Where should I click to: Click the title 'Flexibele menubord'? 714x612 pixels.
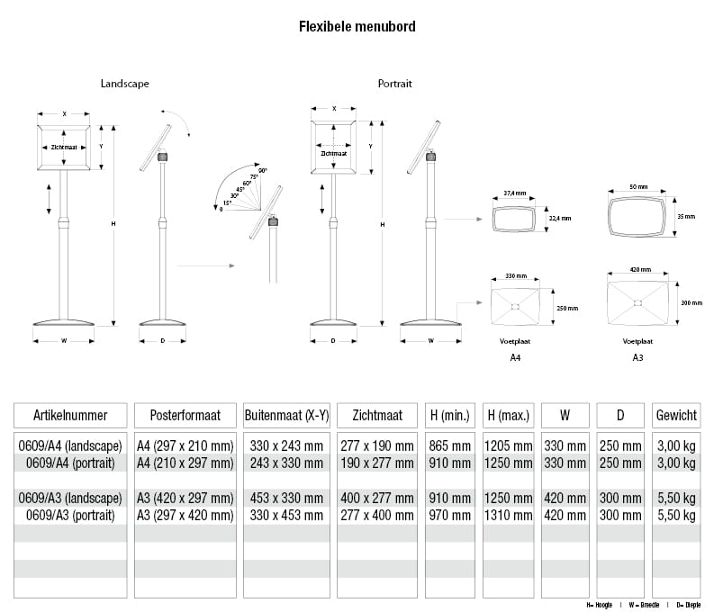coord(357,27)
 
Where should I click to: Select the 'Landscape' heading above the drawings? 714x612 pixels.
coord(125,84)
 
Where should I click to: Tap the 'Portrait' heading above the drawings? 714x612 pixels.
coord(394,84)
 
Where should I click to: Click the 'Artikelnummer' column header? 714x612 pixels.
coord(70,415)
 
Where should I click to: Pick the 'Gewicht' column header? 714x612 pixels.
coord(676,415)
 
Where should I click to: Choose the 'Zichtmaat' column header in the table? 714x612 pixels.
coord(377,415)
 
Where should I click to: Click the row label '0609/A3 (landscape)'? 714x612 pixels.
coord(70,499)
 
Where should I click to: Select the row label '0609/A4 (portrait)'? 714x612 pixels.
coord(70,463)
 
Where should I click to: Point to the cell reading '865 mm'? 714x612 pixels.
coord(449,446)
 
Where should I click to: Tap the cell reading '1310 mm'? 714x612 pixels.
coord(508,516)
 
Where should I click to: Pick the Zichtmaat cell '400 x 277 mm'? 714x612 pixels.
coord(377,499)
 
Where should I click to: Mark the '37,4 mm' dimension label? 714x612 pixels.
coord(514,193)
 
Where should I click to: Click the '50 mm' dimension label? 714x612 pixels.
coord(638,186)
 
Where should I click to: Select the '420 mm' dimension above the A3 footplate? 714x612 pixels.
coord(638,269)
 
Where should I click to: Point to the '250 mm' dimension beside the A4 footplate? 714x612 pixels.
coord(567,308)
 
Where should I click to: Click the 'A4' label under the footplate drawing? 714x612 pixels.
coord(515,357)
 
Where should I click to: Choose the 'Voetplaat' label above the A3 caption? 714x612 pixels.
coord(637,342)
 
